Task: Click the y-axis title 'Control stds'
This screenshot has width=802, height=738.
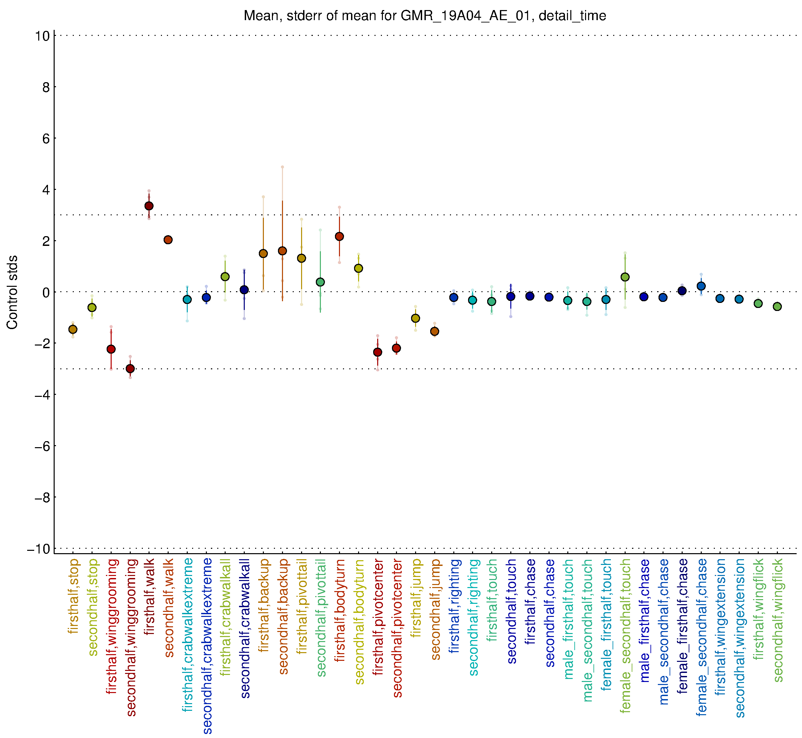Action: coord(12,292)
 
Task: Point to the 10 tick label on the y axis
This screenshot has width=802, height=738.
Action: coord(42,36)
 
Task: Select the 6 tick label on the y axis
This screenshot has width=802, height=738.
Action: coord(46,139)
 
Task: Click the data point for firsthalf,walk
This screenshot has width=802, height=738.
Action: coord(149,206)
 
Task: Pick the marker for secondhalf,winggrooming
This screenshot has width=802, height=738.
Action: coord(130,369)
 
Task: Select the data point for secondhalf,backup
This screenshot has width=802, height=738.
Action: coord(282,251)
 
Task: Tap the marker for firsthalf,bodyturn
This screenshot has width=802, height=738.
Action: coord(339,236)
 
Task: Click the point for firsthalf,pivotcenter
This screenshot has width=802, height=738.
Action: coord(378,352)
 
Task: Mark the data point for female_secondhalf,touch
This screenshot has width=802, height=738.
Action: coord(625,277)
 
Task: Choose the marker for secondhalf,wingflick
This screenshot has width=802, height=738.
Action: coord(777,307)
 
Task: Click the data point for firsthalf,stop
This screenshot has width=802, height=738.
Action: coord(73,329)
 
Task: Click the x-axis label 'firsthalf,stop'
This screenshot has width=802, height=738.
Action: coord(73,597)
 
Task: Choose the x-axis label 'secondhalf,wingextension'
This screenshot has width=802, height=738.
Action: coord(740,638)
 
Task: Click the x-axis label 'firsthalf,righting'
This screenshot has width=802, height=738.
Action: coord(454,606)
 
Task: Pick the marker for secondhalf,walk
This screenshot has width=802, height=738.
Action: coord(168,240)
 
